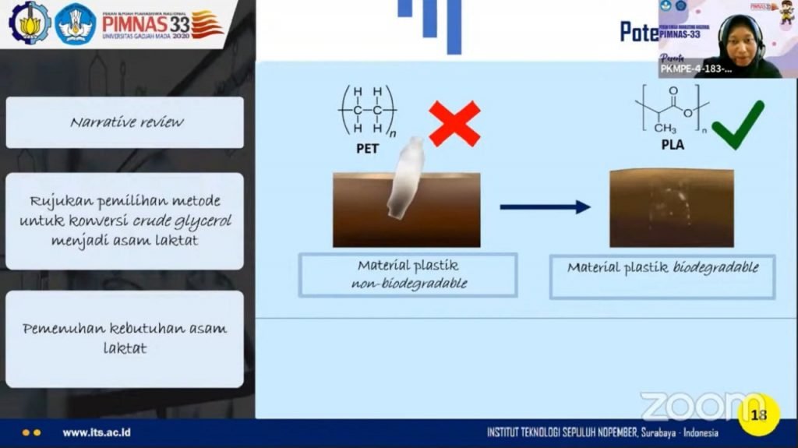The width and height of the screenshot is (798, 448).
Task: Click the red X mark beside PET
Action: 454,124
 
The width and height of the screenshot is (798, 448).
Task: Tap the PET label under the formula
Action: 366,146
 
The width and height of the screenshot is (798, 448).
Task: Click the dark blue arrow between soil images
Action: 545,207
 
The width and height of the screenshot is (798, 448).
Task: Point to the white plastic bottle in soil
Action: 405,178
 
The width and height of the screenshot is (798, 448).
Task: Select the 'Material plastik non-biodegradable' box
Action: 408,274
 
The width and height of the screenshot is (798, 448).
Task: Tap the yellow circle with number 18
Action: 757,414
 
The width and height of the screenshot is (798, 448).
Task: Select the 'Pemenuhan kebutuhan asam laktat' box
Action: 125,338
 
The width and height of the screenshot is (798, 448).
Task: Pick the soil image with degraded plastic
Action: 671,208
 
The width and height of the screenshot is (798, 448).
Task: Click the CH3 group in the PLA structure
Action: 665,126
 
